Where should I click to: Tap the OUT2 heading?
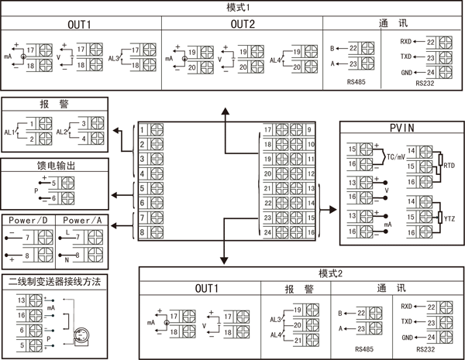(242, 24)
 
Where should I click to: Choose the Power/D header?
(28, 220)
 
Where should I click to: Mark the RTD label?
(449, 165)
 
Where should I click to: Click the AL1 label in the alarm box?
(10, 132)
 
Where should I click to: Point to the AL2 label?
(62, 132)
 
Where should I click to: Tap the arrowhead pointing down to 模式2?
(226, 259)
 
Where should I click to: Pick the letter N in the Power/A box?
(68, 256)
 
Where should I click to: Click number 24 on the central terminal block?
(267, 232)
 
